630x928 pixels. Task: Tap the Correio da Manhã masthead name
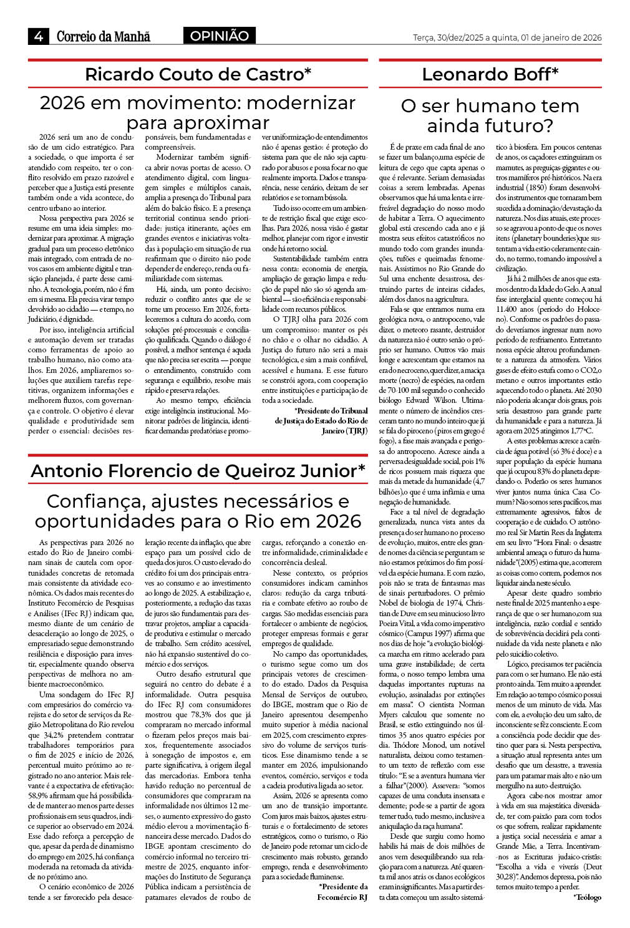(104, 37)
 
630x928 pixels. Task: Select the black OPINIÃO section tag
(219, 36)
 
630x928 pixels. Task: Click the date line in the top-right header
(507, 37)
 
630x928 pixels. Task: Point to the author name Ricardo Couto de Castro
(198, 75)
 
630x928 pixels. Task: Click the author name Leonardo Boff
(490, 75)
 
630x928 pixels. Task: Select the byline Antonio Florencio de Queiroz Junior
(198, 471)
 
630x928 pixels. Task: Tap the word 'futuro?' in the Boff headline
(520, 126)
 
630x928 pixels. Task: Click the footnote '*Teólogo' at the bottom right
(587, 897)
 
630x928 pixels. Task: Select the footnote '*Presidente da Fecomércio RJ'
(342, 892)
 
